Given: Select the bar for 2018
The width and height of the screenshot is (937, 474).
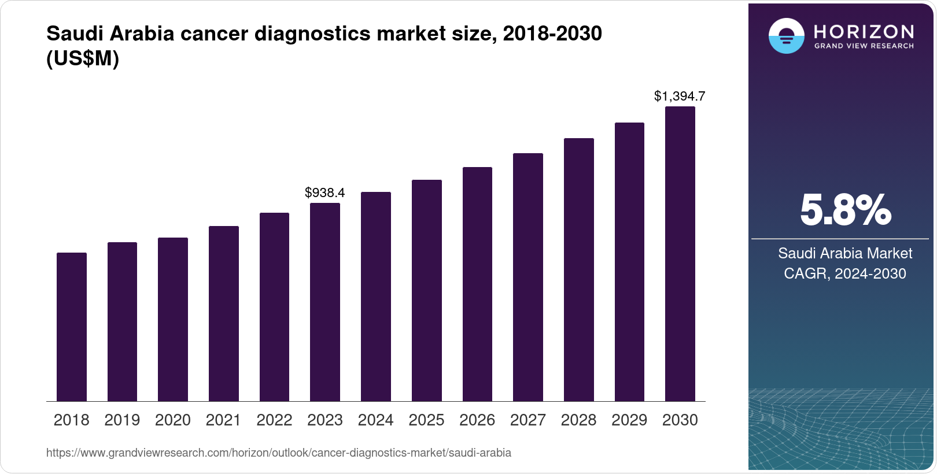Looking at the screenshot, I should click(72, 327).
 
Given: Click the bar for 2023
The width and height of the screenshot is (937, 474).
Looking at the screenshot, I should click(325, 302).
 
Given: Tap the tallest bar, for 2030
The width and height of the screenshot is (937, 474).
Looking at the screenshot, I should click(680, 254).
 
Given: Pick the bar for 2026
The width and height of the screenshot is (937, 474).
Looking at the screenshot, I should click(477, 284).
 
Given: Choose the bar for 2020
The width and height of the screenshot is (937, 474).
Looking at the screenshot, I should click(173, 320).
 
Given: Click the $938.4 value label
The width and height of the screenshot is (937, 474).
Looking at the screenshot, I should click(325, 192).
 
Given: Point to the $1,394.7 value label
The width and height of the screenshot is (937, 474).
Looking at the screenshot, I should click(680, 96).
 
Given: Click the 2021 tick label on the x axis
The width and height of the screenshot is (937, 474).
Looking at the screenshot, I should click(223, 420).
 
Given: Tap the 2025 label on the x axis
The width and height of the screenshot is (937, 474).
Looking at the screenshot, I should click(426, 420).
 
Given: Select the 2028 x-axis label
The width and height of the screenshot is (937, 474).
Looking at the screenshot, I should click(578, 420).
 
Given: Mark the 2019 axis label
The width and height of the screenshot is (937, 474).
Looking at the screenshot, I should click(122, 420).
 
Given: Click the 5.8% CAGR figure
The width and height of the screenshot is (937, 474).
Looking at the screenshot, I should click(845, 210).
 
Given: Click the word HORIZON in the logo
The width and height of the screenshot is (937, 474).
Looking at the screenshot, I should click(864, 31).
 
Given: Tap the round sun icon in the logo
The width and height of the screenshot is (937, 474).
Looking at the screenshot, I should click(786, 36).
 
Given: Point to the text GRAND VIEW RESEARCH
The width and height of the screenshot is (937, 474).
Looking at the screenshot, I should click(864, 46).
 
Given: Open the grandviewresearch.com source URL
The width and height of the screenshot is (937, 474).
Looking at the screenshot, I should click(278, 453).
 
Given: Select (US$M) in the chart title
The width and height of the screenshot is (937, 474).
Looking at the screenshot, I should click(83, 58).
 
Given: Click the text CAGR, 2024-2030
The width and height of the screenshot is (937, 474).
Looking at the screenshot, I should click(844, 273).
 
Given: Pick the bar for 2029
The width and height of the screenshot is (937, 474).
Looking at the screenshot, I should click(629, 262).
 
